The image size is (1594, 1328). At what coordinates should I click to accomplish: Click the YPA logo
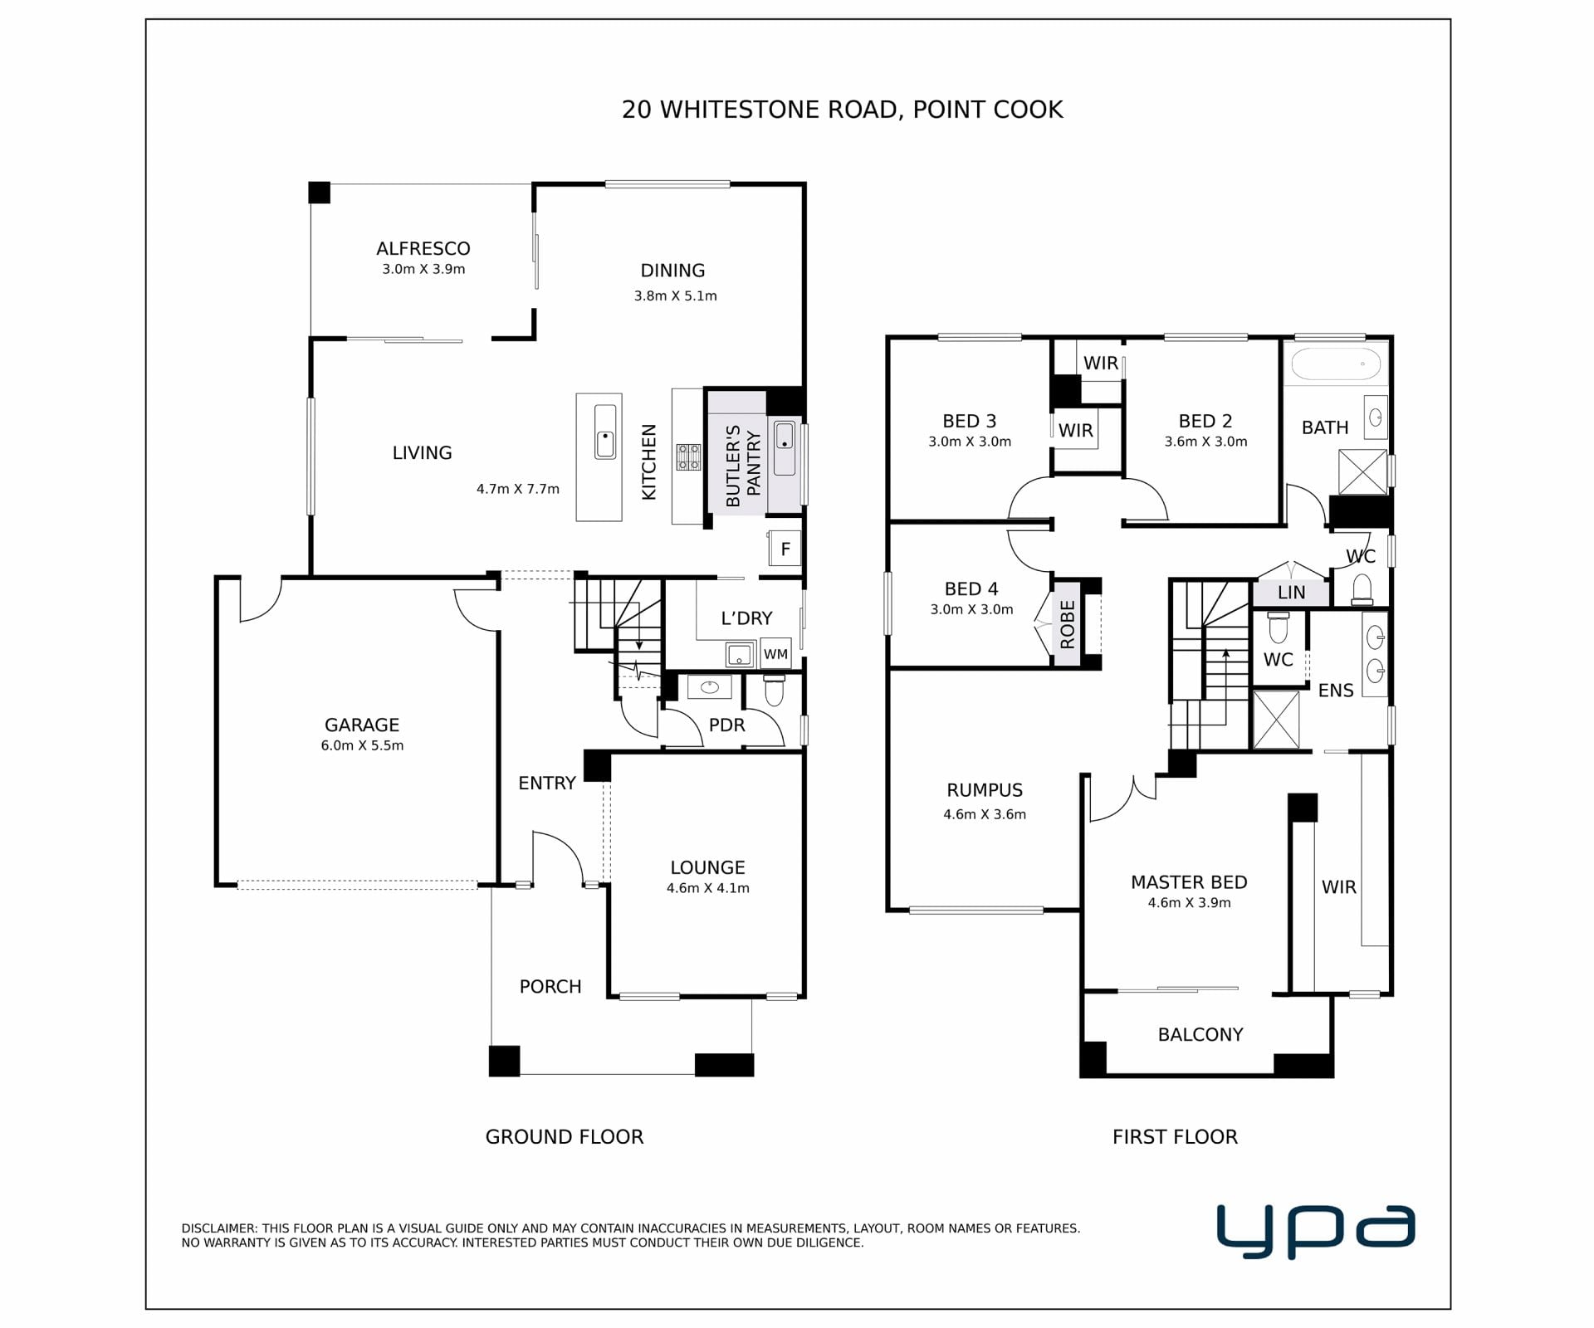(x=1316, y=1232)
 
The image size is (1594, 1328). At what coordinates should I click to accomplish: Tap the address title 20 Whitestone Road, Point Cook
(x=842, y=110)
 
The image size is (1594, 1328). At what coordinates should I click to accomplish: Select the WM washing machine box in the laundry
(x=775, y=654)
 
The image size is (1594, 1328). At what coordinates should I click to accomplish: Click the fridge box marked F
(x=785, y=549)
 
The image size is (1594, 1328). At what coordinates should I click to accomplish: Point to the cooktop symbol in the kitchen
(x=688, y=457)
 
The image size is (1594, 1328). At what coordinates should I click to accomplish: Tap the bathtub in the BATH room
(x=1336, y=364)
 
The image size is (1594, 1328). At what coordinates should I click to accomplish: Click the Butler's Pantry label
(x=743, y=466)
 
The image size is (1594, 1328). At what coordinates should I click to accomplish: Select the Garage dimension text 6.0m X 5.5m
(x=362, y=745)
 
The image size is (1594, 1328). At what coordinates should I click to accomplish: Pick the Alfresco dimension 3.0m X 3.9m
(x=423, y=269)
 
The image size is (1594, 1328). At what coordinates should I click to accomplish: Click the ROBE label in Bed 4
(x=1068, y=625)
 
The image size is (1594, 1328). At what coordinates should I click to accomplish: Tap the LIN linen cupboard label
(x=1292, y=593)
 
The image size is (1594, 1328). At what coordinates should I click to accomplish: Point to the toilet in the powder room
(x=774, y=691)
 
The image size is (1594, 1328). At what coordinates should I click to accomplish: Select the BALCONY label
(x=1200, y=1034)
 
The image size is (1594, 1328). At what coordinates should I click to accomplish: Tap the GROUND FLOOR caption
(x=565, y=1137)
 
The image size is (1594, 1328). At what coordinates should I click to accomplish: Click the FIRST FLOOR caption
(x=1175, y=1137)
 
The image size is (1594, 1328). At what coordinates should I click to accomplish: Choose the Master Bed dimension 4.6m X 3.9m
(x=1189, y=903)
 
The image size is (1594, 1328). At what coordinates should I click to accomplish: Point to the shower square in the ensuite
(x=1276, y=720)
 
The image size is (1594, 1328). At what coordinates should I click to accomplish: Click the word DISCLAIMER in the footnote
(x=219, y=1228)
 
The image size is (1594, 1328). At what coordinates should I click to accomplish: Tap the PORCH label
(x=550, y=987)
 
